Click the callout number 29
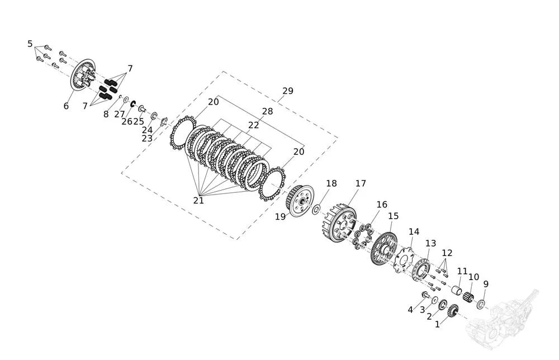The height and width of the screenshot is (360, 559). coord(288,91)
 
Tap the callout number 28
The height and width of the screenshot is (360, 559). coord(267,112)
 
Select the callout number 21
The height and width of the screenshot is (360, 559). coord(198,201)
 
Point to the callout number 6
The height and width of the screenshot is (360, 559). coord(66,106)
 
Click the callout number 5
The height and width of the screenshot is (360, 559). coord(30,44)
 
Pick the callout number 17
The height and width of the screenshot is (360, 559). coord(361,183)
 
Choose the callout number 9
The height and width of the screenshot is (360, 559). coord(486,284)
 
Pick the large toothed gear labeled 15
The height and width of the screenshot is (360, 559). coord(383,249)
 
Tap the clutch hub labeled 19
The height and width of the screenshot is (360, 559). coord(300,201)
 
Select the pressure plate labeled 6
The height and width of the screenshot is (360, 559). coord(83,74)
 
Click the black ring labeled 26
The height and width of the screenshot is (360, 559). coord(133,103)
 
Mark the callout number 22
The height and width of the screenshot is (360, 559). coord(253,125)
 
